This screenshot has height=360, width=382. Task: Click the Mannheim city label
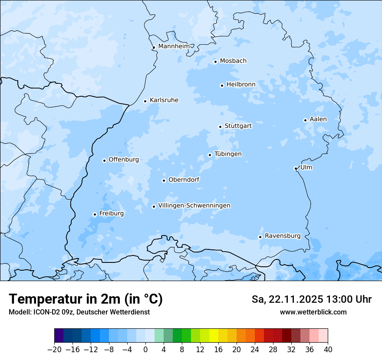pos(174,46)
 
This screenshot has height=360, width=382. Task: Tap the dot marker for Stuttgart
pos(220,127)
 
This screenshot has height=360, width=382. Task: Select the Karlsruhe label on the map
pos(164,100)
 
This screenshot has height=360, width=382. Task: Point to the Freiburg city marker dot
pos(95,214)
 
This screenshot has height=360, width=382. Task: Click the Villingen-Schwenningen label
pos(194,206)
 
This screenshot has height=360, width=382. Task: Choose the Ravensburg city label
pos(283,236)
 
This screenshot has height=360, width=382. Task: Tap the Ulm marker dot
pos(296,168)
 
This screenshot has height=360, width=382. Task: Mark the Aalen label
pos(318,119)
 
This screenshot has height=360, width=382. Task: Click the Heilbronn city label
pos(241,84)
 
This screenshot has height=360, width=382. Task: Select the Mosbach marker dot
pos(215,62)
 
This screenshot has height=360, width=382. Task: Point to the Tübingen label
pos(228,154)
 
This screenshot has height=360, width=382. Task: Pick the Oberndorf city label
pos(184,180)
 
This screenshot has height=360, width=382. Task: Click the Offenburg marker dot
pos(104,160)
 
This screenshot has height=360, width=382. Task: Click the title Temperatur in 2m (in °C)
pos(86,299)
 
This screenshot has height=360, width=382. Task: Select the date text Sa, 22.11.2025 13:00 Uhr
pos(312,299)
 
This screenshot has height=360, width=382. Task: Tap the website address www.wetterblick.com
pos(313,312)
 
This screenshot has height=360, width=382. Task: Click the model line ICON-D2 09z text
pos(79,312)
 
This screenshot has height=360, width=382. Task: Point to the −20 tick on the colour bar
pos(54,350)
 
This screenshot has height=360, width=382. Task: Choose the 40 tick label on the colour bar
pos(328,350)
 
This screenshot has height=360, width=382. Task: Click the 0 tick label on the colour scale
pos(145,350)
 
